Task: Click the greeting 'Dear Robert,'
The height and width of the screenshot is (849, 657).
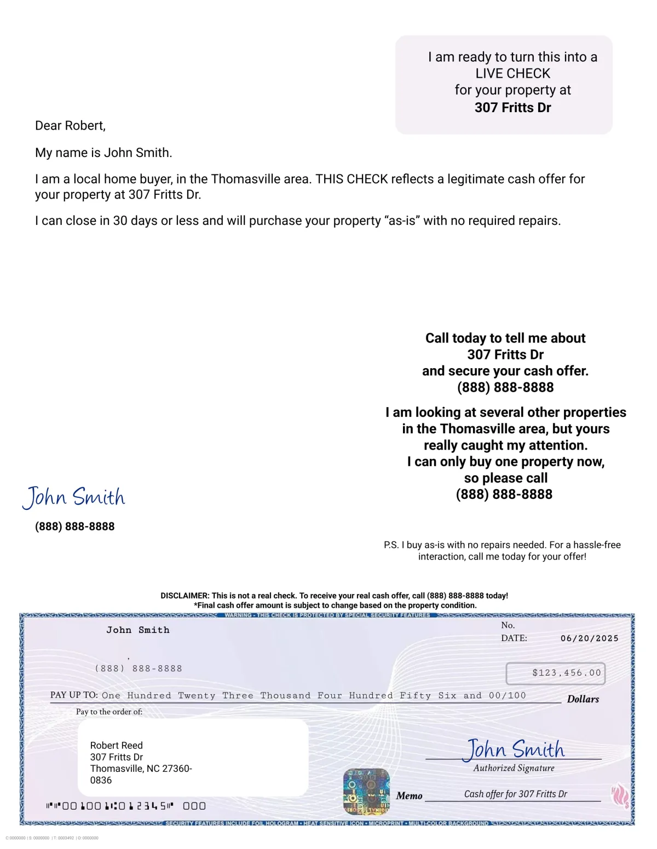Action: pyautogui.click(x=70, y=126)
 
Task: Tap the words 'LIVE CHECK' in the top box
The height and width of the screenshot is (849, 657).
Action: pyautogui.click(x=512, y=73)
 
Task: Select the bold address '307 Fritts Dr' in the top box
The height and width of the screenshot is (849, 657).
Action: pyautogui.click(x=512, y=107)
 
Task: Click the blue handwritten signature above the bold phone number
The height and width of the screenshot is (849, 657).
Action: pyautogui.click(x=74, y=497)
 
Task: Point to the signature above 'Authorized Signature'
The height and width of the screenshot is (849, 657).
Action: pyautogui.click(x=514, y=749)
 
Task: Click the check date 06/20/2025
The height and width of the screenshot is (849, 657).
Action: pyautogui.click(x=589, y=638)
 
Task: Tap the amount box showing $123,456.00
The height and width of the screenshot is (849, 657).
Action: pyautogui.click(x=555, y=673)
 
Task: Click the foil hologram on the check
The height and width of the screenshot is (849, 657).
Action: pyautogui.click(x=366, y=792)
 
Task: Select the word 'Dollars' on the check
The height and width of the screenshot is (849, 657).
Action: pyautogui.click(x=583, y=699)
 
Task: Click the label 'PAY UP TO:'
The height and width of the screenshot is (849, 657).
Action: pyautogui.click(x=74, y=695)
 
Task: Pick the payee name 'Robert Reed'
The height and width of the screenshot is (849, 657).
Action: pyautogui.click(x=116, y=746)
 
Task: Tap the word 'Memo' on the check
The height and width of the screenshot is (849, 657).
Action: pyautogui.click(x=409, y=796)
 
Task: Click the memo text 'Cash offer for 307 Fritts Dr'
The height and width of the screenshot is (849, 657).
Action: pyautogui.click(x=515, y=794)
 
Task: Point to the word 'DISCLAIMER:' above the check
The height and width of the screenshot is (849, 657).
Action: pyautogui.click(x=185, y=596)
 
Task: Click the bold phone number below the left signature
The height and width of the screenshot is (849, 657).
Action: pyautogui.click(x=75, y=526)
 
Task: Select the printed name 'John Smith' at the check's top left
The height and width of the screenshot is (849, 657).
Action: pyautogui.click(x=138, y=630)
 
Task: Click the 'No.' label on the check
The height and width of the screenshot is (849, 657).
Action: pyautogui.click(x=508, y=625)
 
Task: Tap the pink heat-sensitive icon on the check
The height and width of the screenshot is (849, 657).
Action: pyautogui.click(x=620, y=795)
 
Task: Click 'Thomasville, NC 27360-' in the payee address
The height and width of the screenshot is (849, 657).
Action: pyautogui.click(x=141, y=769)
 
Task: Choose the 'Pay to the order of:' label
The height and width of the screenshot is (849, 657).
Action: pyautogui.click(x=109, y=712)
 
